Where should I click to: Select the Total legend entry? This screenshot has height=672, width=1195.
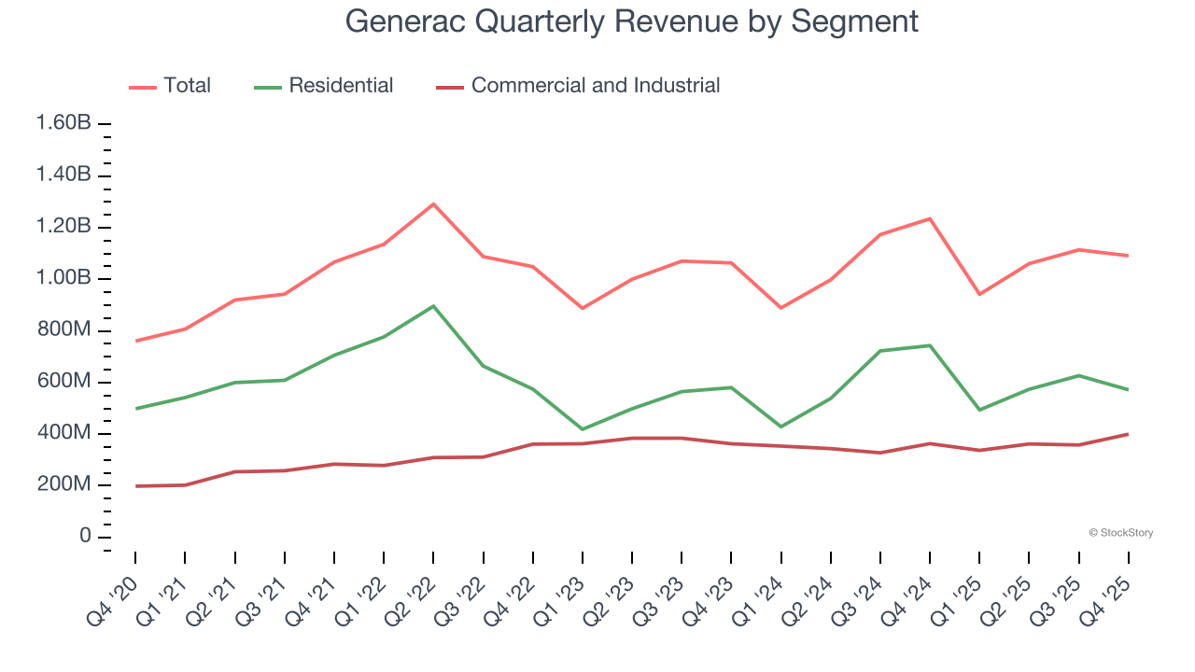click(x=170, y=86)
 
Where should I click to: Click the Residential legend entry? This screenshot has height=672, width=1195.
click(x=324, y=86)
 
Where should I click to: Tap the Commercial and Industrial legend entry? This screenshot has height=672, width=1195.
click(x=579, y=86)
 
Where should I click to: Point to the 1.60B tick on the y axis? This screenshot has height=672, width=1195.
click(x=63, y=124)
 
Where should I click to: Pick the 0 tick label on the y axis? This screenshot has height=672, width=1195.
click(x=85, y=537)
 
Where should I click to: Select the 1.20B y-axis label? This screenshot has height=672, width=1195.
click(x=63, y=227)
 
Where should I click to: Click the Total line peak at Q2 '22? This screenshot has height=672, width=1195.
click(x=433, y=203)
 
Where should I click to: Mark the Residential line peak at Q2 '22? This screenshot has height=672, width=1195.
click(x=433, y=306)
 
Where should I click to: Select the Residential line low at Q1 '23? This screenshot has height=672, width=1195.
click(x=583, y=429)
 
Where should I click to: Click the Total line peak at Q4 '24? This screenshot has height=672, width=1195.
click(x=930, y=218)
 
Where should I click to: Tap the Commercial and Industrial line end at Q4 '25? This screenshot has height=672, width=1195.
click(x=1128, y=434)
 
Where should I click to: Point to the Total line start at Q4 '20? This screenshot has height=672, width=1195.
click(x=135, y=341)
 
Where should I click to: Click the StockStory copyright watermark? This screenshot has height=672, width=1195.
click(x=1120, y=533)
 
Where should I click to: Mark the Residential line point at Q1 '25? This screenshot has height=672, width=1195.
click(x=979, y=410)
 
